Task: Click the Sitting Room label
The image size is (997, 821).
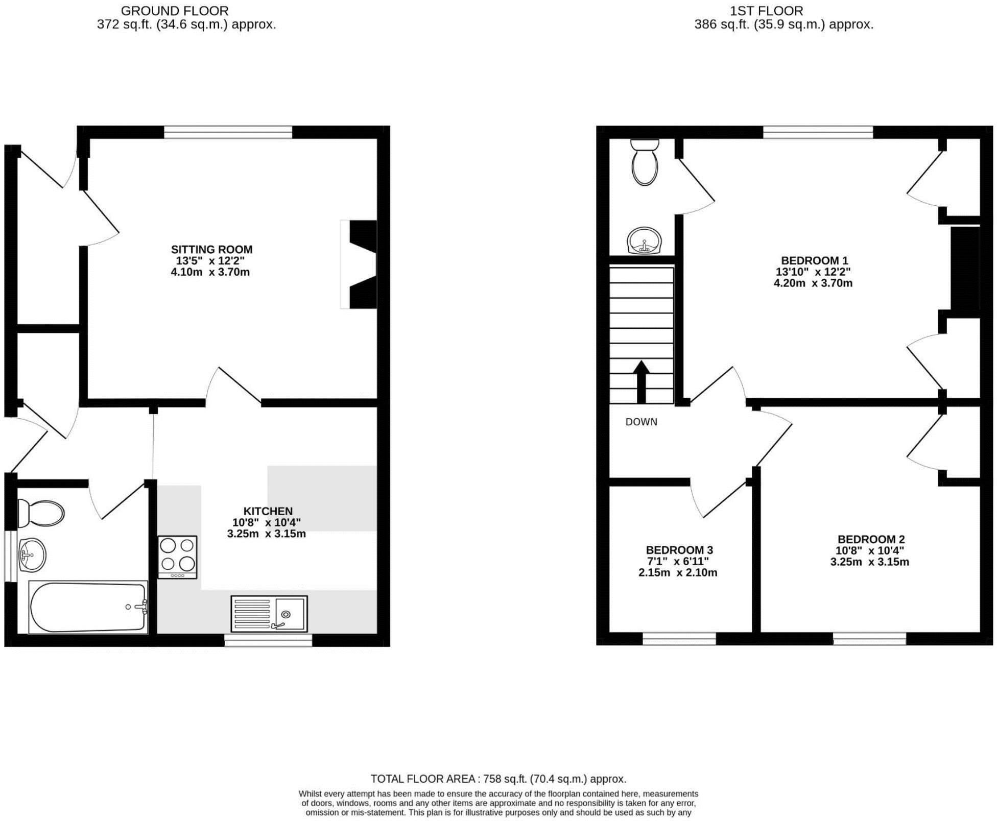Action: pos(211,250)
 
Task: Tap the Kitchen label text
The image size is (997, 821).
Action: pos(268,511)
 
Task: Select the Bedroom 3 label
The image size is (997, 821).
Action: pos(679,550)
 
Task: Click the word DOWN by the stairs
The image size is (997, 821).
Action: pos(641,422)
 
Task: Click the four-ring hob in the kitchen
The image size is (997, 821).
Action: pos(177,557)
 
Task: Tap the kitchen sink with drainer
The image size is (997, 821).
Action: pos(269,613)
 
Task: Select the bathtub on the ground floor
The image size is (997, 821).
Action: pos(88,607)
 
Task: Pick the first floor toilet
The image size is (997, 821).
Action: pos(644,162)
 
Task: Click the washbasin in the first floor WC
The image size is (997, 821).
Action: pos(644,241)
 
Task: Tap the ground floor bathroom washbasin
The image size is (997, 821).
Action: pos(32,554)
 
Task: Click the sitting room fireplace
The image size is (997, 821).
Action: pos(360,264)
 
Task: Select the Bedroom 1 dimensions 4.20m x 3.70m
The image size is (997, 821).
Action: pos(813,283)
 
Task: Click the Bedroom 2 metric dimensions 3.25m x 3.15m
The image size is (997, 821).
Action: pos(869,562)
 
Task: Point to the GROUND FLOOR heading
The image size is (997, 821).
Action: pos(175,11)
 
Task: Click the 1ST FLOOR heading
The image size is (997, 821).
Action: pos(766,11)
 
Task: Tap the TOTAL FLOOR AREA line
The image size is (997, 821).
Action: pos(498,779)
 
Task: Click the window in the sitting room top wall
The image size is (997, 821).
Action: pos(228,132)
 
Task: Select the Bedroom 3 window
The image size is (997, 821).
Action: pos(679,638)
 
